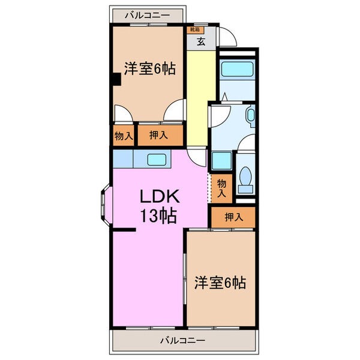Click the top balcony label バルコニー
pos(148,16)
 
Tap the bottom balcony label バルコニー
pos(182,340)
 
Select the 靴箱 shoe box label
pos(195,30)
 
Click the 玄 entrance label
pos(201,41)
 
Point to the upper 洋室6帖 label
pos(150,68)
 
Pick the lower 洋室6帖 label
pos(220,283)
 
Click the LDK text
pos(160,196)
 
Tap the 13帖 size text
pos(158,216)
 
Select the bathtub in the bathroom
pos(238,70)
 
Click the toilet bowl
pos(245,179)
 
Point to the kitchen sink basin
pos(157,160)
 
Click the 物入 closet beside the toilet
pos(222,188)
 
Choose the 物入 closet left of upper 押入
pos(124,136)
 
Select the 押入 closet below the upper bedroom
pos(160,135)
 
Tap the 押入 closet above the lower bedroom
pos(233,217)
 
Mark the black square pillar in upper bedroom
pos(116,79)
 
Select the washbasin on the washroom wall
pos(250,115)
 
